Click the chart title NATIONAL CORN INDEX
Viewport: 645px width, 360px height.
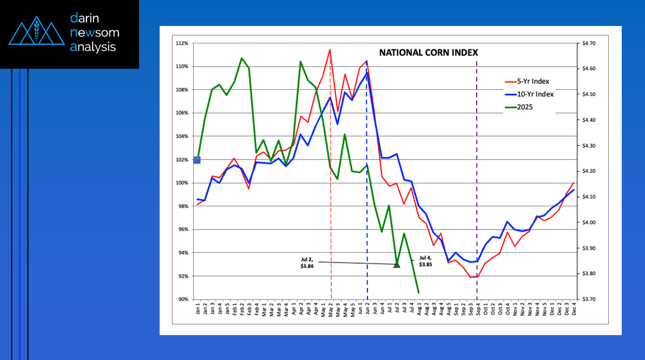tap(428, 53)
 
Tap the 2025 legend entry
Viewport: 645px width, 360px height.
tap(524, 107)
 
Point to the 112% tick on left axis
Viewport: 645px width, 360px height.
tap(182, 43)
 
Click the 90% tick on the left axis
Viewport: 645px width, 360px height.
tap(183, 299)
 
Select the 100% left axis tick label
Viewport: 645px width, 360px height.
tap(182, 183)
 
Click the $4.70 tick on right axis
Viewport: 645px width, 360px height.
tap(587, 43)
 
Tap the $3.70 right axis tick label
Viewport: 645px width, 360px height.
tap(587, 299)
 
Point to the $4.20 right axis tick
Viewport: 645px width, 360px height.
tap(587, 171)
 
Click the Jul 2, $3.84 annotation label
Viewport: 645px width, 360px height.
tap(308, 263)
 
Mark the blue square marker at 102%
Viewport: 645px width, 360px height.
tap(197, 160)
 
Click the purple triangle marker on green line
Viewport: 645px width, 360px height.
tap(397, 264)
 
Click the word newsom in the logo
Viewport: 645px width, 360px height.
tap(95, 33)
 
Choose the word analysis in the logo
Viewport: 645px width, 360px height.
tap(93, 47)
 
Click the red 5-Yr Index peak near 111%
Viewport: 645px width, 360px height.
tap(330, 50)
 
